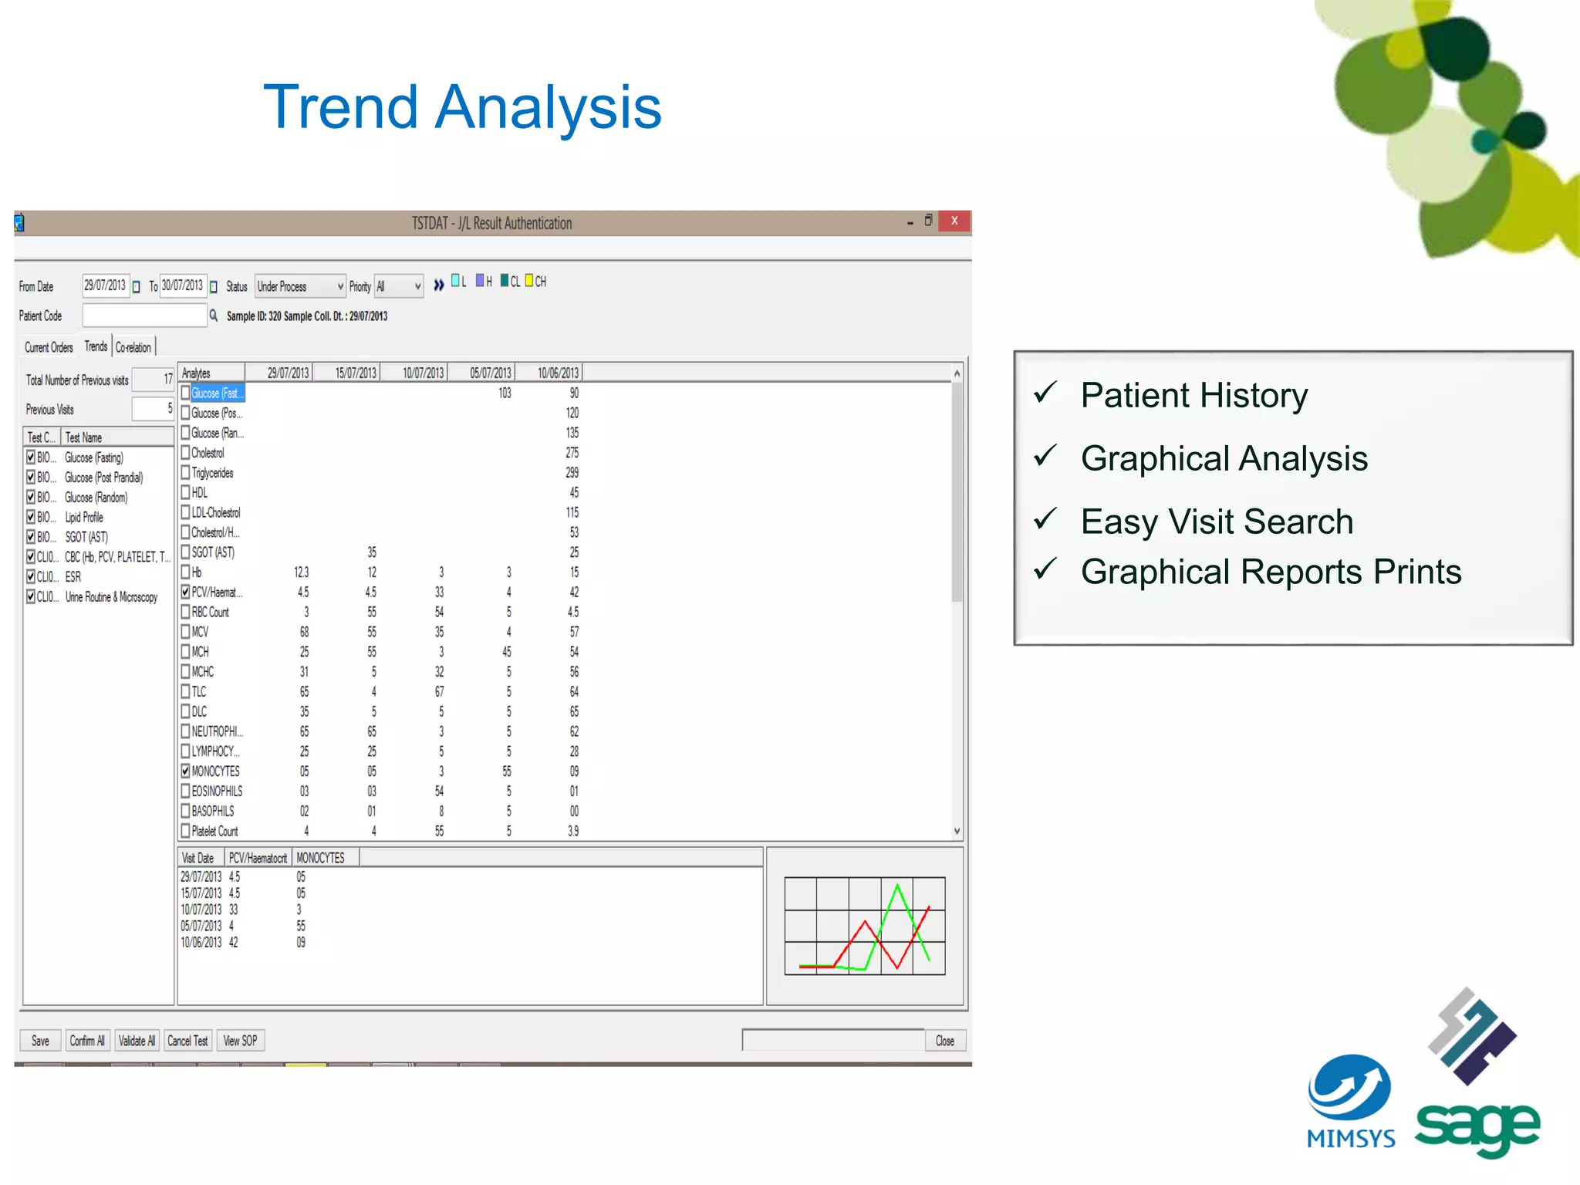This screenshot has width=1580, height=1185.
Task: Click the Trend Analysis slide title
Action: [x=462, y=107]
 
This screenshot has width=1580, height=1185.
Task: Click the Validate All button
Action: [x=137, y=1041]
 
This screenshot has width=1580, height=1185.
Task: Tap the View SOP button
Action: [x=240, y=1041]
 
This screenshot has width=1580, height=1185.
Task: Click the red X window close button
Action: [x=954, y=221]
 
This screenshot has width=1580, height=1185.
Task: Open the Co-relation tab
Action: [x=133, y=348]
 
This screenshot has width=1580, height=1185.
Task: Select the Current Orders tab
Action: [x=49, y=348]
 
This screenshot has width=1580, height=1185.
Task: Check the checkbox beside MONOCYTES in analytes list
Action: [x=185, y=771]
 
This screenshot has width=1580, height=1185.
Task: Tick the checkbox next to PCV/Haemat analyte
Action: [x=185, y=592]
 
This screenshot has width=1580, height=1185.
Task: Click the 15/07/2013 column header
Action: [x=356, y=373]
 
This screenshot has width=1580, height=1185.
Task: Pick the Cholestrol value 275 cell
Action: [x=572, y=453]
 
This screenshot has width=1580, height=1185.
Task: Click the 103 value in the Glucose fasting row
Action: [x=505, y=393]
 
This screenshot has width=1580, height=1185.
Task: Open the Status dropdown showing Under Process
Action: [x=300, y=286]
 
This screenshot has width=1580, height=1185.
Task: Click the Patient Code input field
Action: [x=144, y=316]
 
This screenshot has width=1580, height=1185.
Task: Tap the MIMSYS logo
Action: [x=1350, y=1099]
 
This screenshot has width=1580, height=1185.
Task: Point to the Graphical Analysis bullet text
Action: [x=1224, y=459]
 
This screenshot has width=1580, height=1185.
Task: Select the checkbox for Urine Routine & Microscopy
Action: [x=31, y=596]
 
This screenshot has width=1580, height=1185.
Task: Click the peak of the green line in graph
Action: [x=897, y=886]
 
